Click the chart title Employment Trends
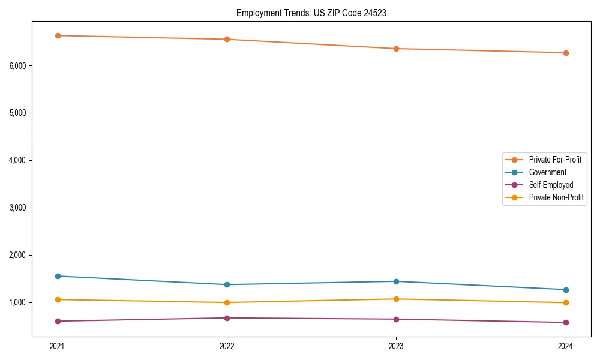coord(311,13)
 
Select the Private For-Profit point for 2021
coord(58,35)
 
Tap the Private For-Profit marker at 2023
coord(396,49)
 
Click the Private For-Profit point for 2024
coord(566,53)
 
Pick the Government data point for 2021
coord(58,276)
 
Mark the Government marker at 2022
coord(227,284)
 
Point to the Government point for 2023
coord(396,281)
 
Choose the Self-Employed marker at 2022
coord(227,318)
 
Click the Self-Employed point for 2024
coord(566,322)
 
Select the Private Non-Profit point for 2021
coord(58,299)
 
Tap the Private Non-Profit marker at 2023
coord(396,299)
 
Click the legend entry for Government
coord(547,172)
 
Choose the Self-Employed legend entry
coord(551,185)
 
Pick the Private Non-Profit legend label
coord(556,197)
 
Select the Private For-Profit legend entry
coord(554,160)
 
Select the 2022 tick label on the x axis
coord(227,346)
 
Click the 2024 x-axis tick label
coord(566,346)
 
